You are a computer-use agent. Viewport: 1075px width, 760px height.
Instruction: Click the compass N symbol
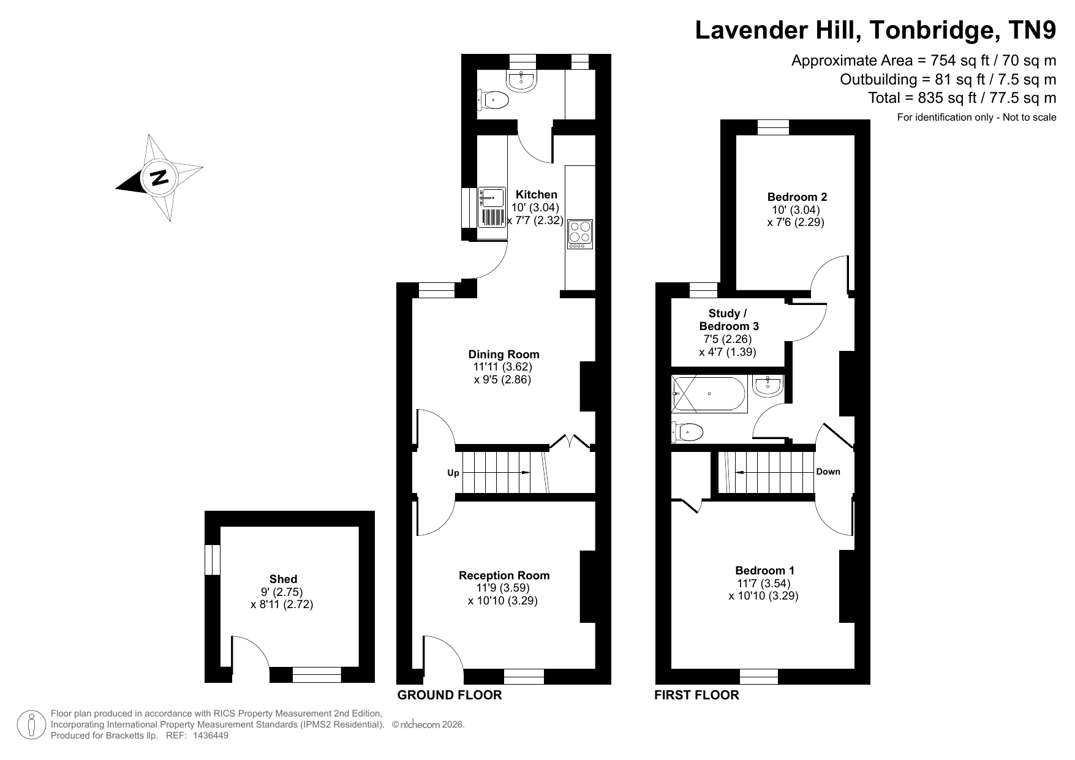pos(159,178)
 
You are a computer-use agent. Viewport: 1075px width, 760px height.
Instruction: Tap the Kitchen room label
pos(537,195)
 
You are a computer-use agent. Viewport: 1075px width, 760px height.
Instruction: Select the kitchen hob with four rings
pos(580,234)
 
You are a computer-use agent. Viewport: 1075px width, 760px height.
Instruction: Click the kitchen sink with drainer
pos(492,208)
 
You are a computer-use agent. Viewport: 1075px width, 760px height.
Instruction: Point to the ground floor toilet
pos(493,100)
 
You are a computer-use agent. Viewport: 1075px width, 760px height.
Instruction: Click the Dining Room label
pos(504,354)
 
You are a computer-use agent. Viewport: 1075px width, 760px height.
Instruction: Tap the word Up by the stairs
pos(453,473)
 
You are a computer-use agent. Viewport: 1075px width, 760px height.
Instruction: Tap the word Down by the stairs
pos(828,472)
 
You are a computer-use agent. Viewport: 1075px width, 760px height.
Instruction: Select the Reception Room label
pos(504,575)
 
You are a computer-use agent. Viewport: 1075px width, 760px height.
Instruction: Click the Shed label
pos(283,579)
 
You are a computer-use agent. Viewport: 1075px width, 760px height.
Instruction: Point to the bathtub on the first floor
pos(709,394)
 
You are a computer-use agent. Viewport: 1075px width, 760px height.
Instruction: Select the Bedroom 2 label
pos(797,197)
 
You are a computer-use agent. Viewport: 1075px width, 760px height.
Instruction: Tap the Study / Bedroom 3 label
pos(728,320)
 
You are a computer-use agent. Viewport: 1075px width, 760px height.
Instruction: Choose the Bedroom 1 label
pos(765,570)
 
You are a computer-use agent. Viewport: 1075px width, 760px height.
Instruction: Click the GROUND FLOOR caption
pos(450,695)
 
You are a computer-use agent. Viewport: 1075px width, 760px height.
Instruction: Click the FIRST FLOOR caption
pos(696,695)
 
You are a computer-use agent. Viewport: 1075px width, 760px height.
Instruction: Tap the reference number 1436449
pos(209,736)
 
